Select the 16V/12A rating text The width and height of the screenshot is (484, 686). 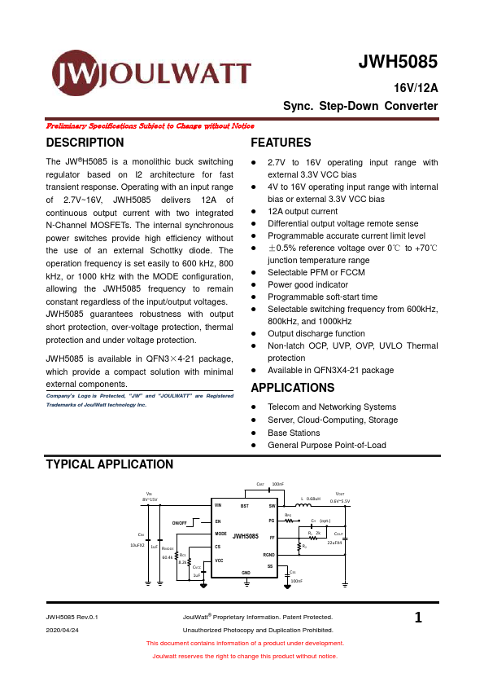(416, 89)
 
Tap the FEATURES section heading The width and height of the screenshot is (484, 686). (281, 143)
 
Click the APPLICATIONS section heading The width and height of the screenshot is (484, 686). (292, 388)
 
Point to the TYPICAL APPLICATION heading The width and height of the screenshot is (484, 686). (109, 464)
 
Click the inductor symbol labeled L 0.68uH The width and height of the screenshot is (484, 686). (309, 506)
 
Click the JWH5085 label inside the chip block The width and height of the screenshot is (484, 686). (245, 536)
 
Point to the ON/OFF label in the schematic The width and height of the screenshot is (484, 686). (180, 521)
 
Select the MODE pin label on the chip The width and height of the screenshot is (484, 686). (220, 534)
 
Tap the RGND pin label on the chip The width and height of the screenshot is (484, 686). (269, 554)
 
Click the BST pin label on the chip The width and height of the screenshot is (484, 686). (244, 506)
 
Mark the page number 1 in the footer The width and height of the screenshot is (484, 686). (418, 618)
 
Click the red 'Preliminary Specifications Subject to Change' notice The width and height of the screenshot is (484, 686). (150, 126)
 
